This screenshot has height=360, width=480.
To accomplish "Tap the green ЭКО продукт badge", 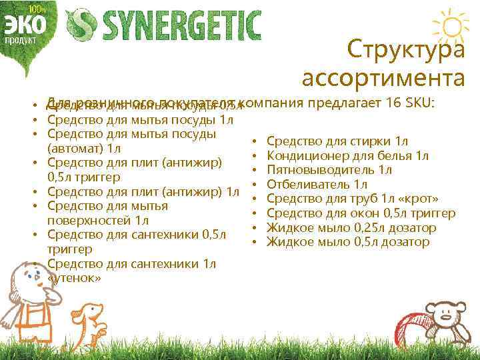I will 26,25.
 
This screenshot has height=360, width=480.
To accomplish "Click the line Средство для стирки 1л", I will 337,141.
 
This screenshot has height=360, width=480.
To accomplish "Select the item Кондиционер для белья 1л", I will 347,156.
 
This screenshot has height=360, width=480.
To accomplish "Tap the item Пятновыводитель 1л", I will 329,170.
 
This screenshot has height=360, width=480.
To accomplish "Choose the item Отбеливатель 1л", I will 317,184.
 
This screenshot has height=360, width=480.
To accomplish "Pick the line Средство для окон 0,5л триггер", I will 361,213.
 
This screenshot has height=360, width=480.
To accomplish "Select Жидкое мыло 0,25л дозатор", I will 351,227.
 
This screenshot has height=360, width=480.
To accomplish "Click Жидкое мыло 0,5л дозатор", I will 348,242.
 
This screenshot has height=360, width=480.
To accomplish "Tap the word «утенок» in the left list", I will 74,278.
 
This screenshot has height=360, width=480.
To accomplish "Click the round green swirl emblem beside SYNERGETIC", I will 85,25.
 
